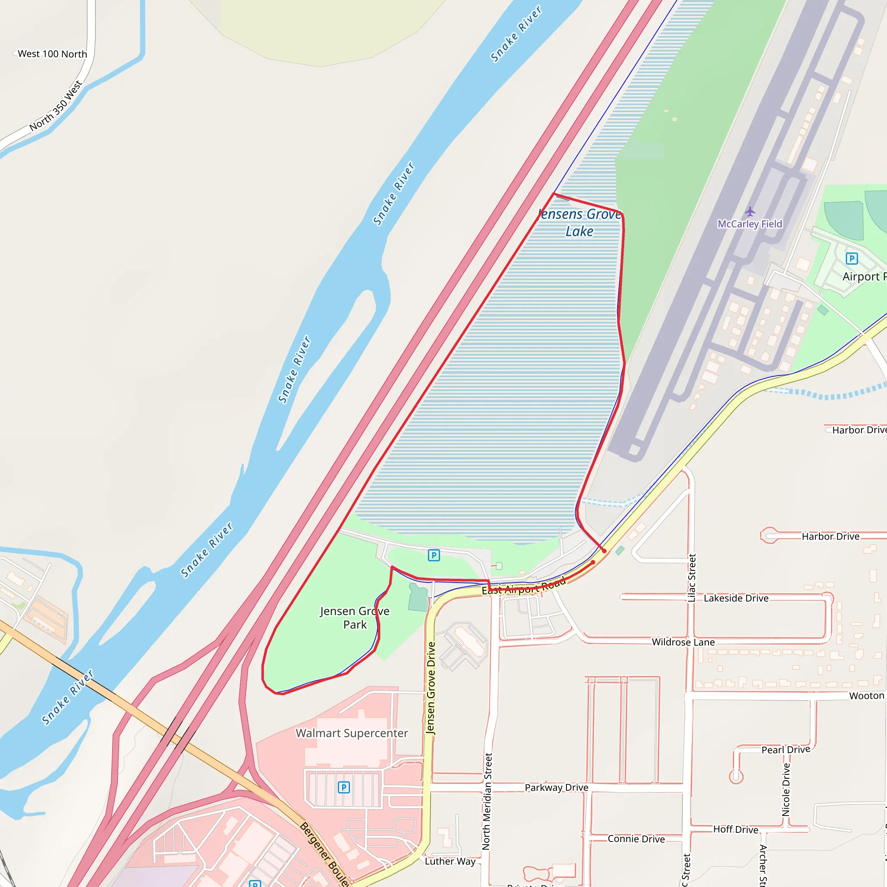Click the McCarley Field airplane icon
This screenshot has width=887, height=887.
[750, 212]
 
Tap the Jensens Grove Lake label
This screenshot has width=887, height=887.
[579, 223]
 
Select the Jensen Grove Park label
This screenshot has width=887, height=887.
[354, 618]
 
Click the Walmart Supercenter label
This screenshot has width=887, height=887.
[352, 733]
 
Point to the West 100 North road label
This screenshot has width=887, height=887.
[52, 54]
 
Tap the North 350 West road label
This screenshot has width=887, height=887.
[56, 106]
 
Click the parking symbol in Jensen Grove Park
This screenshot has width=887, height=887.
[434, 555]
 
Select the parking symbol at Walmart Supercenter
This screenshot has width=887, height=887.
[343, 788]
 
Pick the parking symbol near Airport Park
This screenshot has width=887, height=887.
[851, 259]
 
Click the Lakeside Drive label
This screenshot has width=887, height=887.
[736, 598]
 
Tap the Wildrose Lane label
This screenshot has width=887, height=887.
[683, 642]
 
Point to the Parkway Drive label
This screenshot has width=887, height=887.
[557, 788]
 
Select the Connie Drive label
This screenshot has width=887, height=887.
[636, 839]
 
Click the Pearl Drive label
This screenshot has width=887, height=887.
[786, 750]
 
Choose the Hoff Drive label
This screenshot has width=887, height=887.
[735, 829]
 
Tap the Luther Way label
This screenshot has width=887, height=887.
[450, 861]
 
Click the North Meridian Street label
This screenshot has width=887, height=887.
[487, 801]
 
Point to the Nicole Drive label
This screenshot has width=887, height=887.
[786, 790]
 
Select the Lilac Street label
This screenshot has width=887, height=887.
[692, 578]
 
